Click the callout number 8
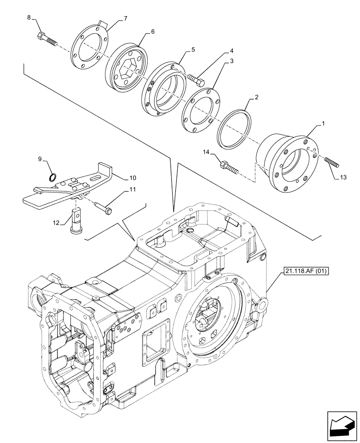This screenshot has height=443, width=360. (x=29, y=18)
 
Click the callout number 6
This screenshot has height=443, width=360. (x=153, y=31)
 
